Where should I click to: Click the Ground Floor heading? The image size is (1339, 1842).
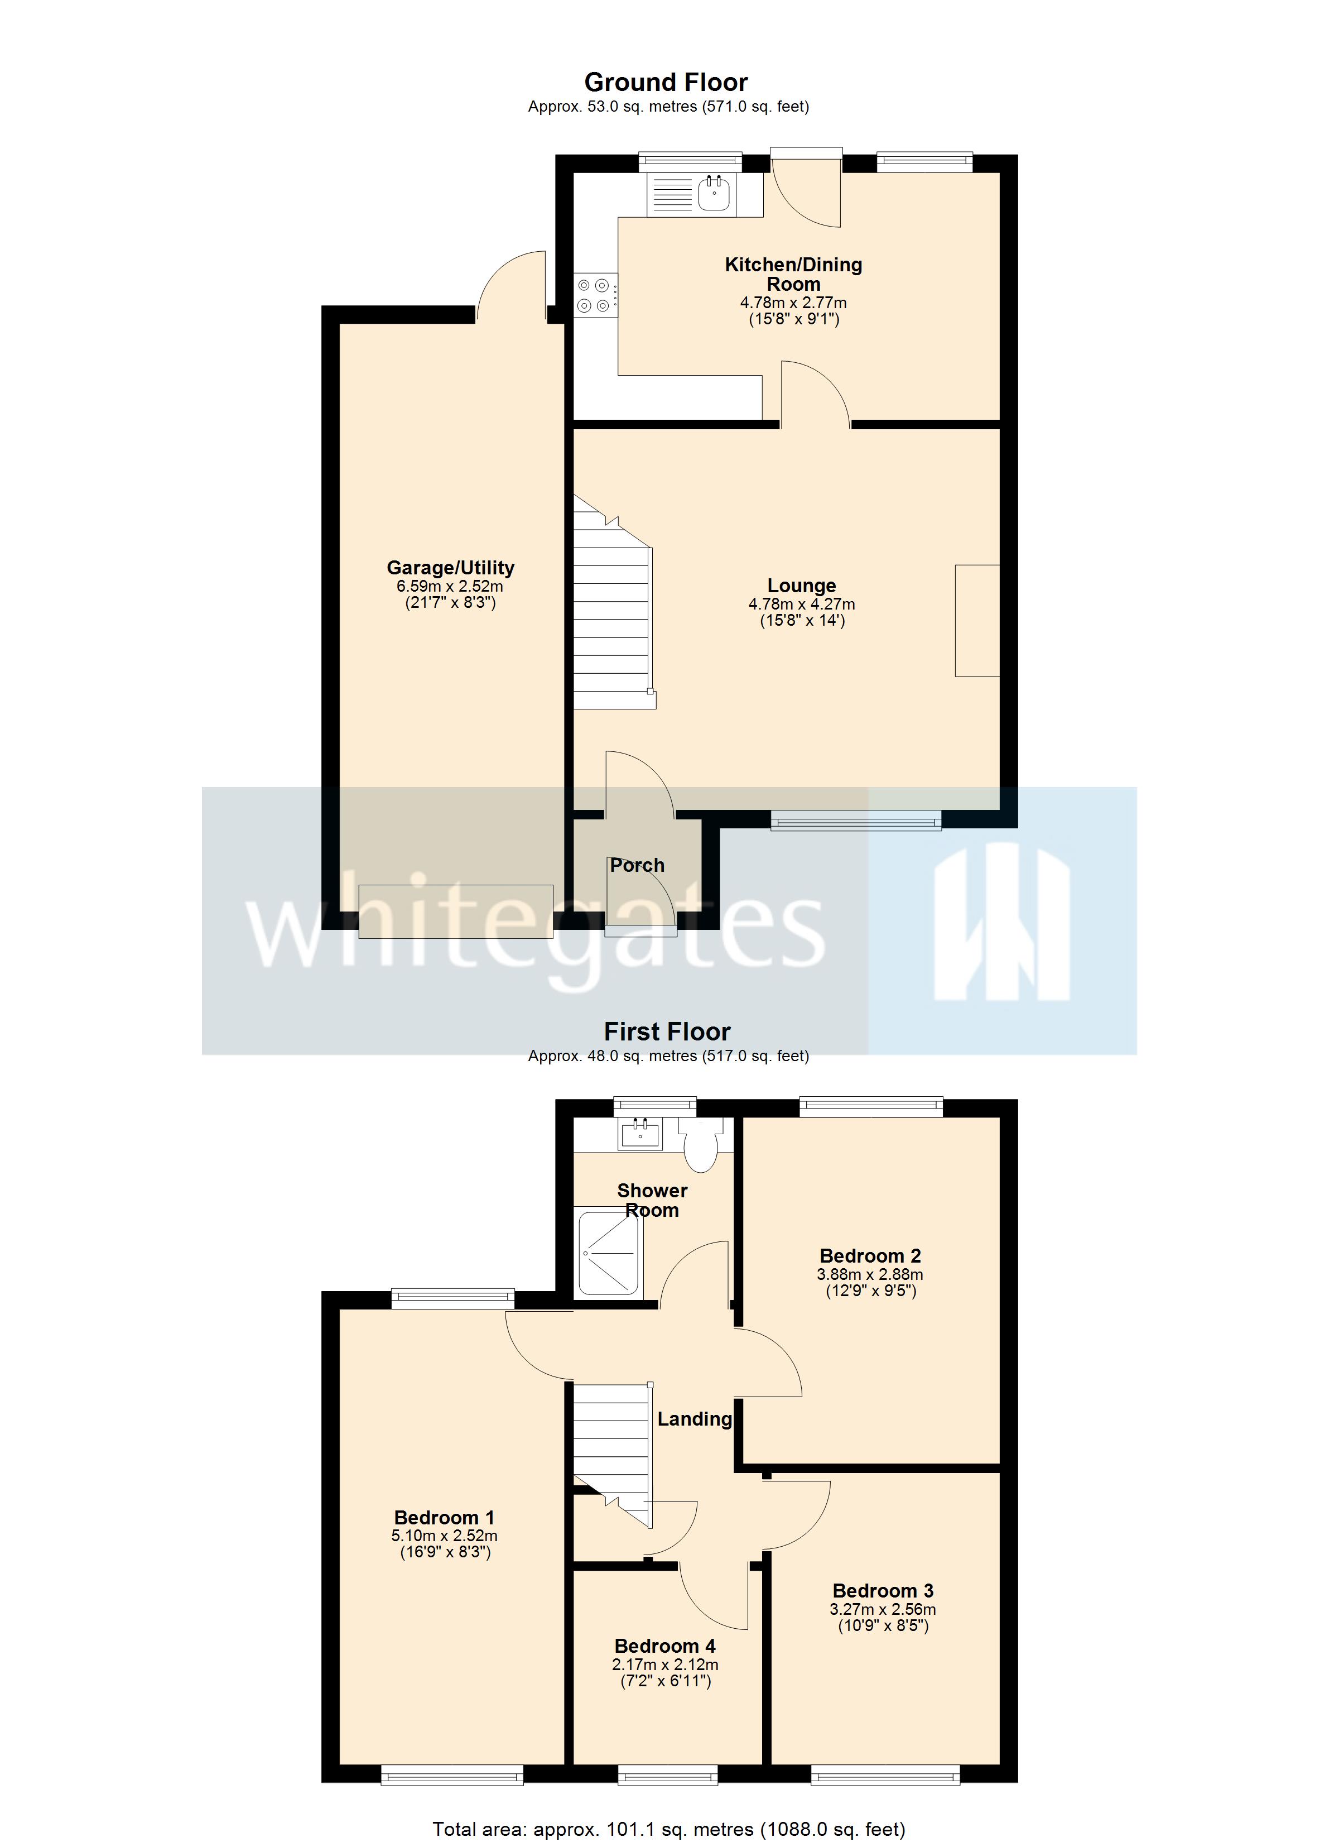coord(666,82)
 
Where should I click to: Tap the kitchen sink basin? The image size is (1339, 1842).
coord(714,194)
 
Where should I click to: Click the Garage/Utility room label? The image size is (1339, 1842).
coord(451,568)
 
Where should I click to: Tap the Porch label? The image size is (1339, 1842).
coord(638,865)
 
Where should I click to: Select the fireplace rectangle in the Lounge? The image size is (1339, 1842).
coord(977,621)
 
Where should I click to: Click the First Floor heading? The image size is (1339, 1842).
coord(667,1032)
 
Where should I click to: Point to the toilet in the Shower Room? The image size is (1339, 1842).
coord(699,1144)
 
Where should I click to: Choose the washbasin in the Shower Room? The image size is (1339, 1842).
coord(642,1133)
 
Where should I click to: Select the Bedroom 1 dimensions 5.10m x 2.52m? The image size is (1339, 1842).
coord(444,1536)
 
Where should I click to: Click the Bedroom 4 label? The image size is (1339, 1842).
coord(665,1646)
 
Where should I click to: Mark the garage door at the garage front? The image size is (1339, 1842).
coord(455,912)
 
